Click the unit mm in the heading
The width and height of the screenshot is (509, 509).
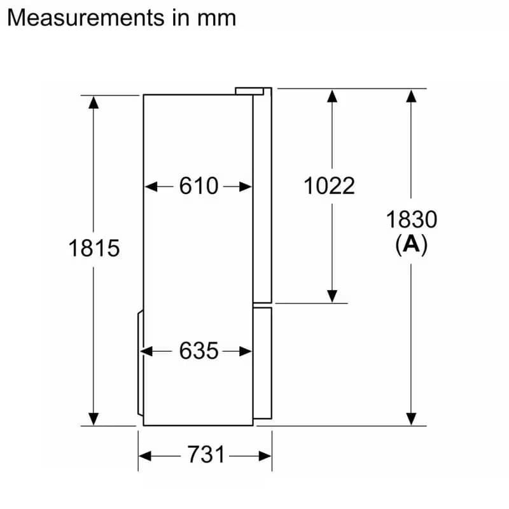coord(216,18)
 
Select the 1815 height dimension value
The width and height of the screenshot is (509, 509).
coord(94,248)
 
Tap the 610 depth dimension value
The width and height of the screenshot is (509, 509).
coord(199,186)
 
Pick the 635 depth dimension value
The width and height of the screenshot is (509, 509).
coord(199,351)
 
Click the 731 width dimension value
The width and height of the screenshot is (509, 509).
coord(206,455)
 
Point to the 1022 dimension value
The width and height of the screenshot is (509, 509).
coord(329,186)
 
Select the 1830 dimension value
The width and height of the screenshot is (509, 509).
coord(412,220)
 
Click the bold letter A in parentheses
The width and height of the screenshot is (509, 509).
coord(412,244)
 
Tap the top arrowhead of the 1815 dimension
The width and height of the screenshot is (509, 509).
coord(94,102)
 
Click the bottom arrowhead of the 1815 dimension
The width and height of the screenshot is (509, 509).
coord(94,419)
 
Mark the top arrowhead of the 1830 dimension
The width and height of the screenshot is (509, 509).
coord(412,96)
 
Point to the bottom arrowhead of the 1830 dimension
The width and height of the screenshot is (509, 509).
coord(412,419)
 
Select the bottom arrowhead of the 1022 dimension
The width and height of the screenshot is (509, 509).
coord(331,296)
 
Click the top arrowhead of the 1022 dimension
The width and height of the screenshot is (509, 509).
coord(331,96)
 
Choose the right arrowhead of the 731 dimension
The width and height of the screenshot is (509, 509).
coord(265,456)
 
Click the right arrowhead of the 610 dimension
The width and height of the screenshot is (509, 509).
coord(246,186)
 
